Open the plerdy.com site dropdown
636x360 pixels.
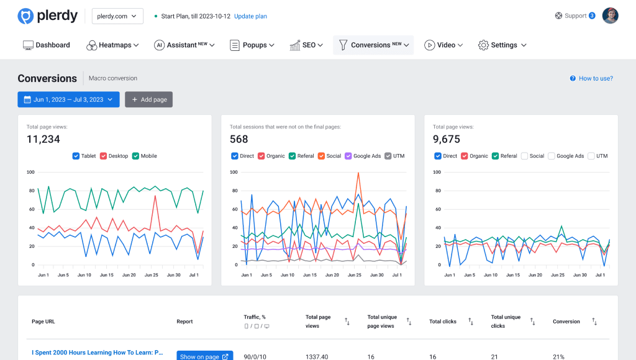[x=117, y=16]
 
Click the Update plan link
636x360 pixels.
[x=250, y=16]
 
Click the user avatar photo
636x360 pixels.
[x=610, y=16]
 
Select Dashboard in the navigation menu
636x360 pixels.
[x=47, y=45]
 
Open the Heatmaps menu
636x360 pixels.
[x=112, y=45]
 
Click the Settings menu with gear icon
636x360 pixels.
[x=502, y=45]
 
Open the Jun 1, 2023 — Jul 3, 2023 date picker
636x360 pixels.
[x=68, y=99]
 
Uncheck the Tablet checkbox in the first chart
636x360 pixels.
[x=76, y=156]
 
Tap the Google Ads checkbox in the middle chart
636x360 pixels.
[x=348, y=156]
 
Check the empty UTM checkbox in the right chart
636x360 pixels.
[x=591, y=156]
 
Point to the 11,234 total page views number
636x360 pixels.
[x=43, y=139]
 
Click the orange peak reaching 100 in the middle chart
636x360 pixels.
[x=358, y=173]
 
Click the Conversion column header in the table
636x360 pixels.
[x=566, y=322]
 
